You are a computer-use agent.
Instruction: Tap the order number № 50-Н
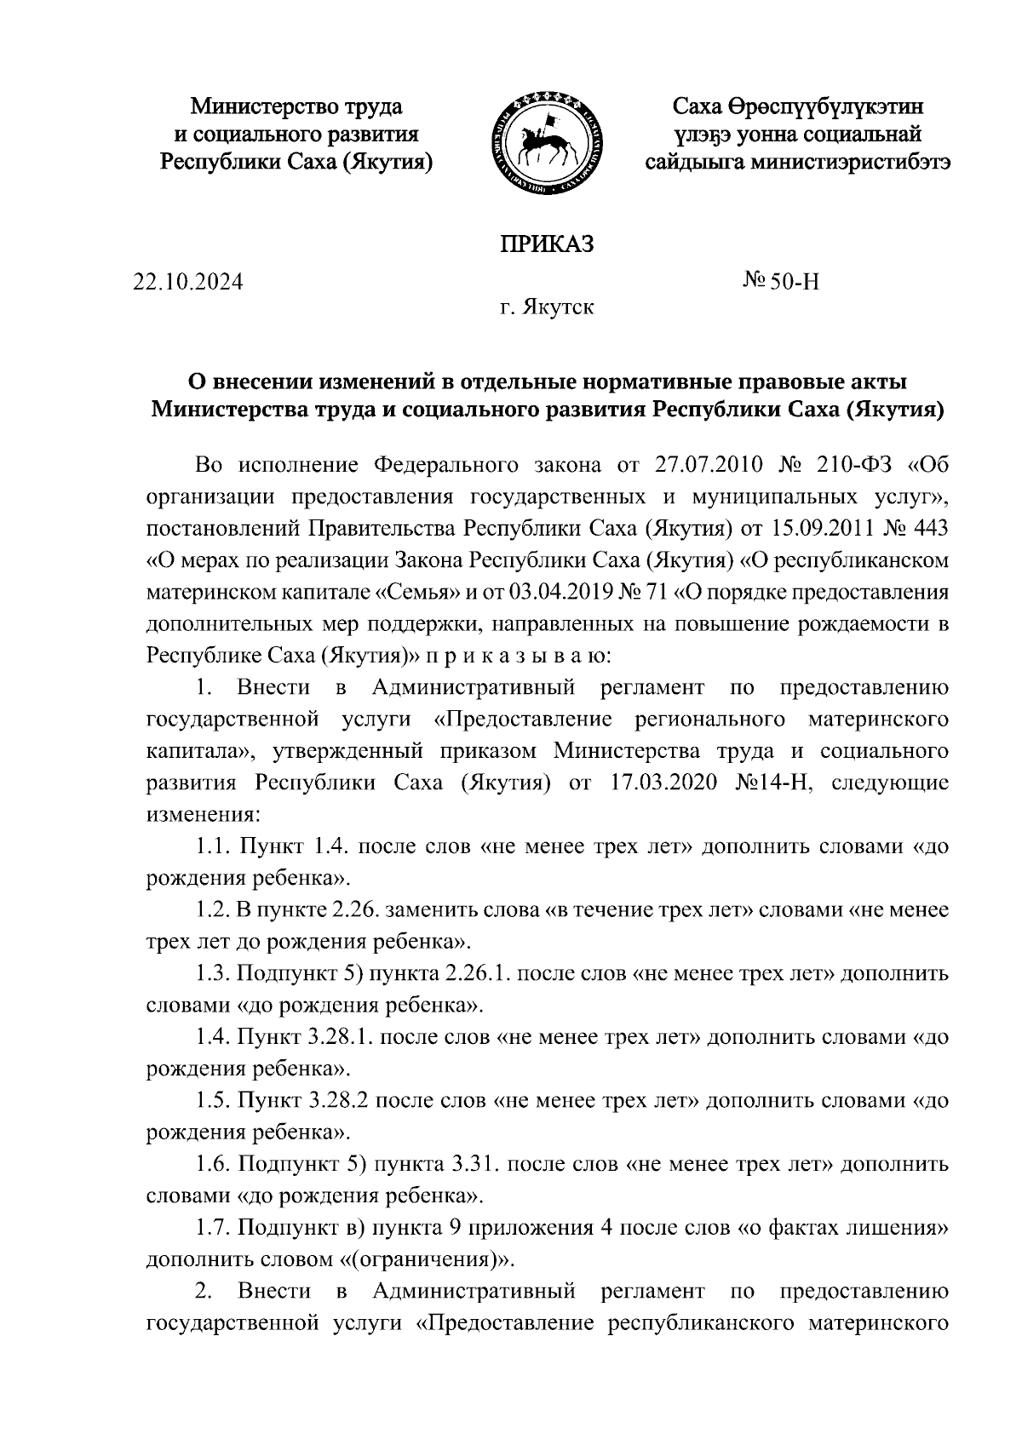(781, 282)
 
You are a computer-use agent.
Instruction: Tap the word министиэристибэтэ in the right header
(850, 161)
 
